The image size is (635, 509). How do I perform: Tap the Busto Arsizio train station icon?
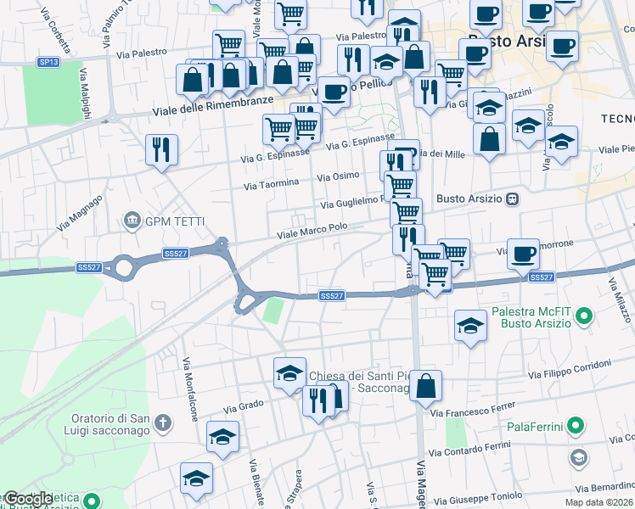point(512,199)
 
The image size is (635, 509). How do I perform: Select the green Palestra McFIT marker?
point(582,318)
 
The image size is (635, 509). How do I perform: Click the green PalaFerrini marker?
point(576,425)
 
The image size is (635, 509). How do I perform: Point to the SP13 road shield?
point(48,62)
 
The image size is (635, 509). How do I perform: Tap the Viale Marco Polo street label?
point(313,231)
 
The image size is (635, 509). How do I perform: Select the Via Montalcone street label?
point(190,387)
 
